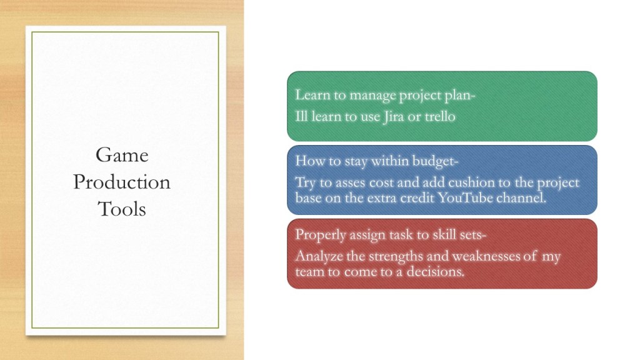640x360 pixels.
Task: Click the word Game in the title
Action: click(x=122, y=155)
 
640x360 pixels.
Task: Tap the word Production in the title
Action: click(x=122, y=182)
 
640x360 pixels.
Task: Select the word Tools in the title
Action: click(x=122, y=209)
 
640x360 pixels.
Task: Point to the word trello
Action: click(x=440, y=117)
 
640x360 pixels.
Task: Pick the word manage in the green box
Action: click(x=372, y=96)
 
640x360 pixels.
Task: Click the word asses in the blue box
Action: click(x=351, y=183)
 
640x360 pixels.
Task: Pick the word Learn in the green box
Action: click(x=312, y=95)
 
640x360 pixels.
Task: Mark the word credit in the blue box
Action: click(x=417, y=198)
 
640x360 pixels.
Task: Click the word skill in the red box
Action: click(x=446, y=235)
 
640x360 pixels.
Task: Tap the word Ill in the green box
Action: click(x=301, y=116)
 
